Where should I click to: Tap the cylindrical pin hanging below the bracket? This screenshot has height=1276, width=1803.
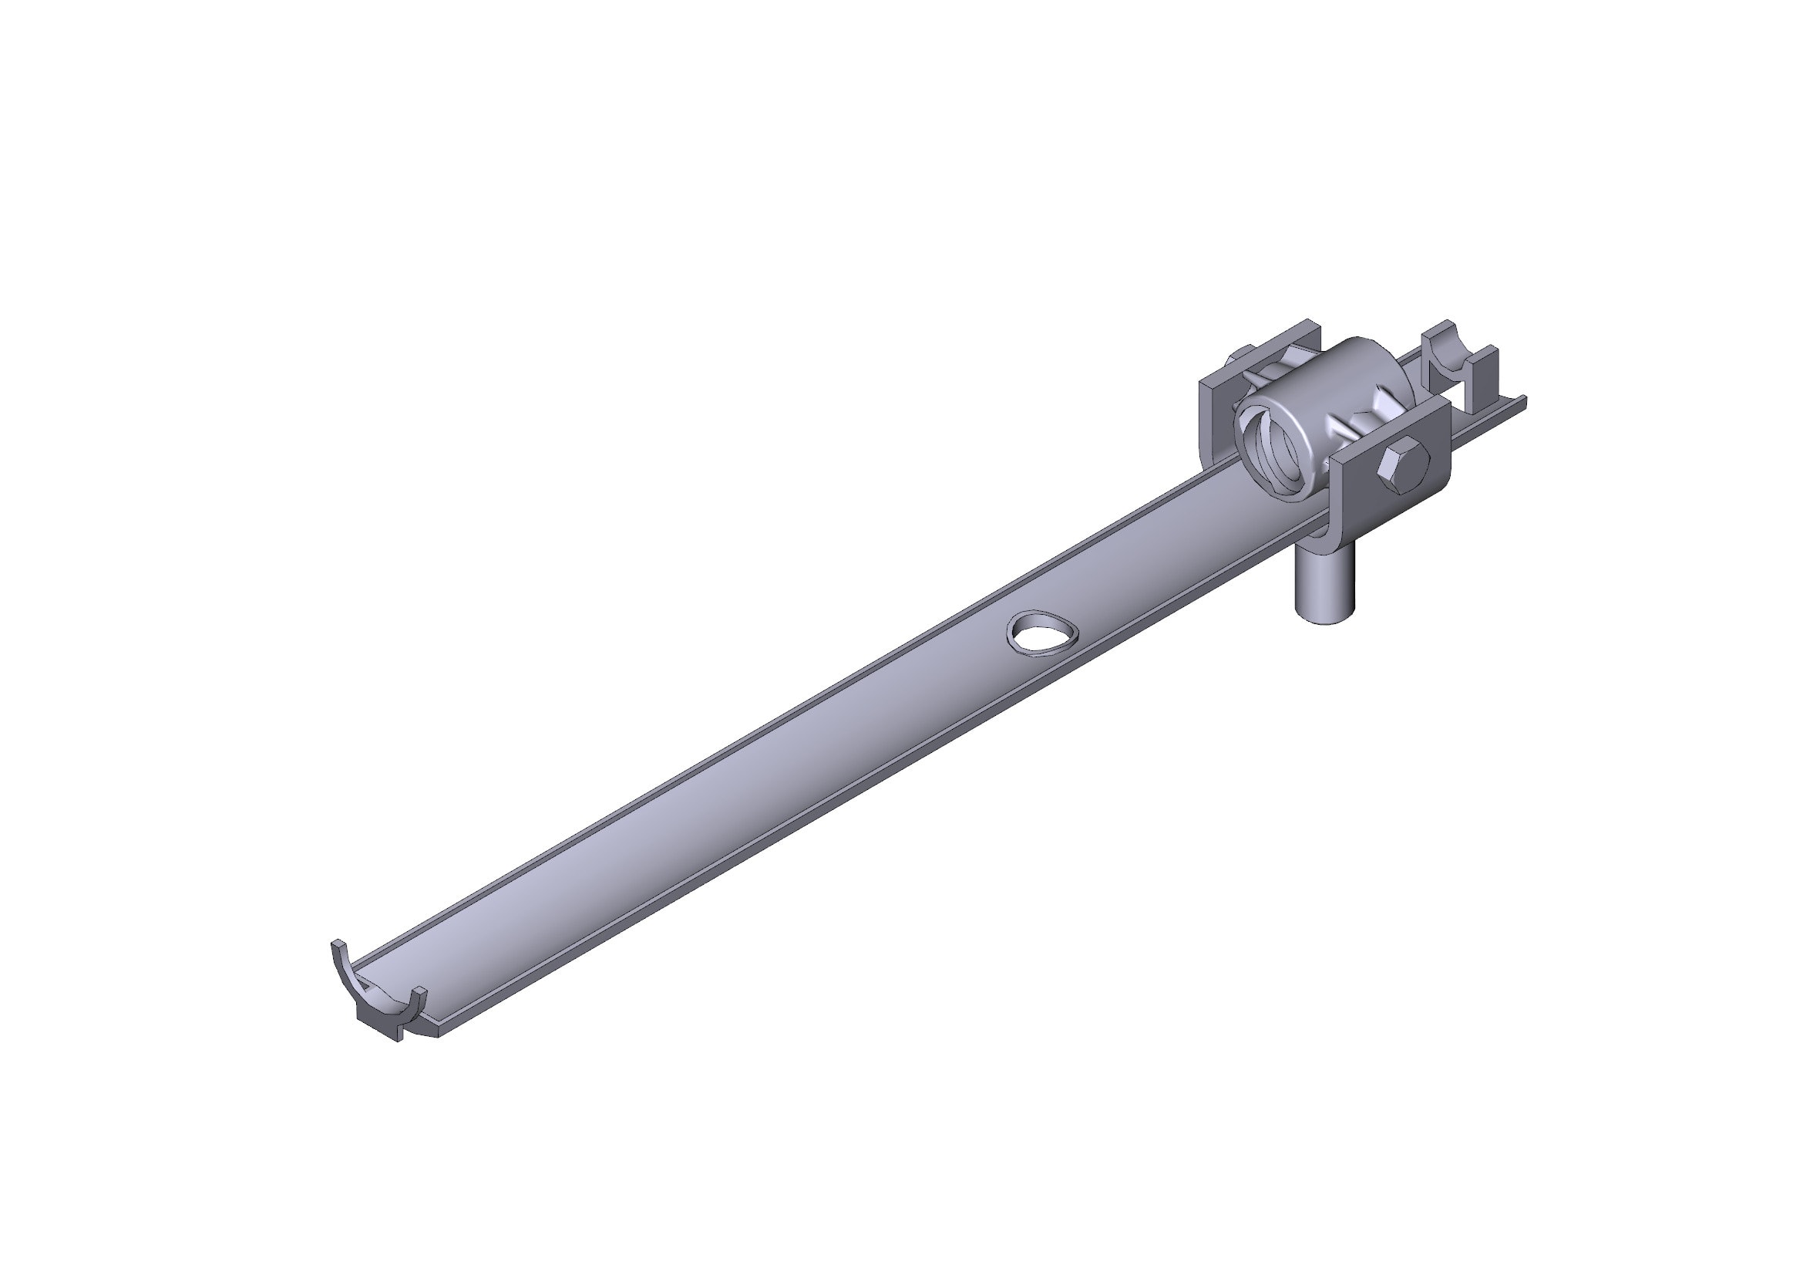(1324, 586)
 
